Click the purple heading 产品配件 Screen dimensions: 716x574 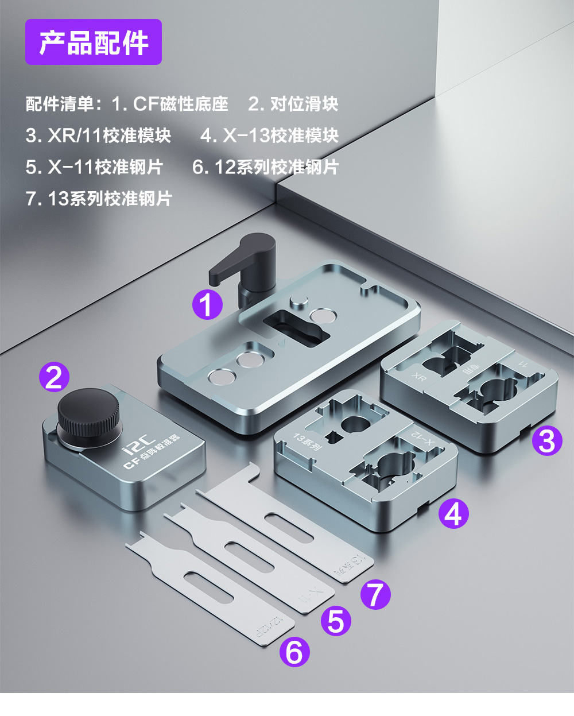pos(94,42)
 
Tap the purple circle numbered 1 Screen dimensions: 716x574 pos(207,304)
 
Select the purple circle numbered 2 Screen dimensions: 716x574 pos(54,377)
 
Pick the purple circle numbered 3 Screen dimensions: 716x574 pos(546,441)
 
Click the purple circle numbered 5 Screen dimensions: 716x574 pos(336,621)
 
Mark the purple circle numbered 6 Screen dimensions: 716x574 pos(294,652)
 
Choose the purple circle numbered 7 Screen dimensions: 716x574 pos(375,594)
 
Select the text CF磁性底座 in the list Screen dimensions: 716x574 pos(181,104)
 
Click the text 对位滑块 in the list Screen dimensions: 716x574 pos(304,104)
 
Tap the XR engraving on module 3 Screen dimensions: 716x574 pos(420,377)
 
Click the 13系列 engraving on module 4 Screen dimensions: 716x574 pos(308,442)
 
